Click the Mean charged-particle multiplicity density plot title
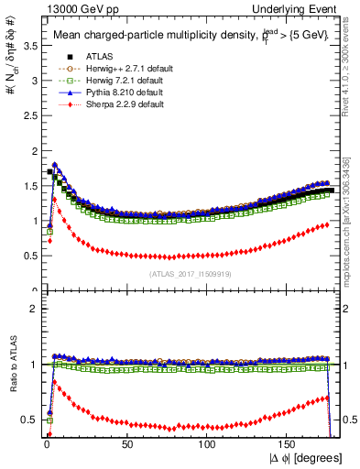tap(175, 37)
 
